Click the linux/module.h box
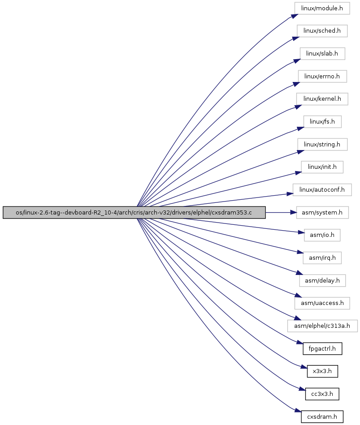pos(322,9)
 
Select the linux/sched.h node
pos(322,31)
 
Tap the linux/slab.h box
pos(322,54)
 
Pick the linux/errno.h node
pos(322,77)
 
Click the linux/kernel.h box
pos(322,99)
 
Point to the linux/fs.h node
pos(322,122)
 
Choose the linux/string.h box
pos(322,145)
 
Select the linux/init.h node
pos(322,167)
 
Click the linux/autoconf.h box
pos(322,190)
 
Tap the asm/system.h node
pos(322,212)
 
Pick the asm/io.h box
pos(322,235)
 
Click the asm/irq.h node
pos(322,258)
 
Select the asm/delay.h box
pos(322,280)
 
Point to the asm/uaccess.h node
pos(322,303)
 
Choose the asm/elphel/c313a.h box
pos(322,326)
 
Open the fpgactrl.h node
pos(322,348)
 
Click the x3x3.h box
pos(322,371)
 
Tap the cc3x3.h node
pos(322,394)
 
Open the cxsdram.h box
pos(322,416)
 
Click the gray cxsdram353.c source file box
pos(134,212)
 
